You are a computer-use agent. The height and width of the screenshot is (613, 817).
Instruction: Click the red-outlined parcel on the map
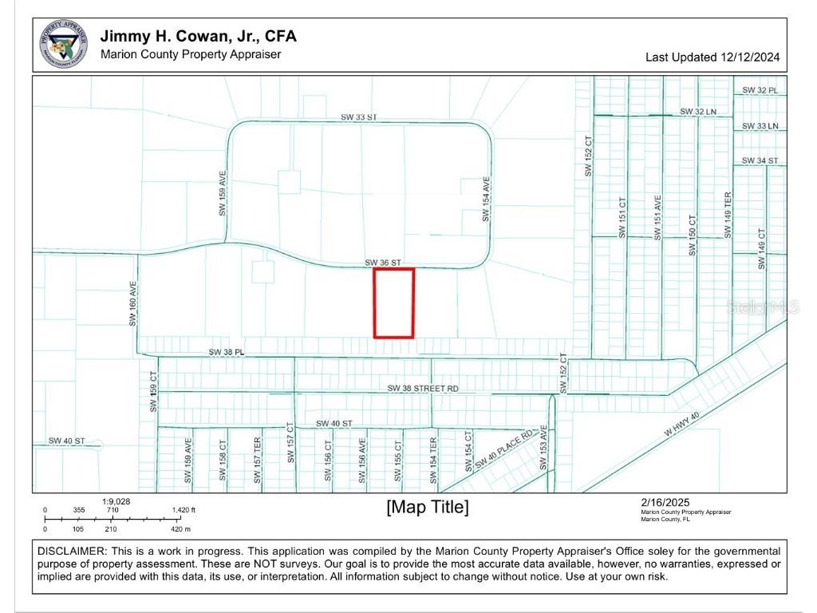[394, 303]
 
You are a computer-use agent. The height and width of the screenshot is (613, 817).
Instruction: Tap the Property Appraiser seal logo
[64, 45]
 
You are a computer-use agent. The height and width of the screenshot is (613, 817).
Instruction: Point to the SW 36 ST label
[383, 262]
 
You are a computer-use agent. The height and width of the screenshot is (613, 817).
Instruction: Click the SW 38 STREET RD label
[423, 388]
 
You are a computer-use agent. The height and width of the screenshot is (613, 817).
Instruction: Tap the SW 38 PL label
[226, 351]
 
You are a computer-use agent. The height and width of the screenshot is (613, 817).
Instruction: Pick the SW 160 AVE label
[134, 303]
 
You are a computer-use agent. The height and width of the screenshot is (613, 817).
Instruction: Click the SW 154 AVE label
[485, 199]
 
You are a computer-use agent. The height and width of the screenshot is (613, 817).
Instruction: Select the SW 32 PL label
[760, 90]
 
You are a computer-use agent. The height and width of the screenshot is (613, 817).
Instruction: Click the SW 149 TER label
[728, 215]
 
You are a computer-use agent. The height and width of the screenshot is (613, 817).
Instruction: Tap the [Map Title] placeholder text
[428, 507]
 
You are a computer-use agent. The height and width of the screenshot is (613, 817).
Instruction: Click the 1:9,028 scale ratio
[116, 501]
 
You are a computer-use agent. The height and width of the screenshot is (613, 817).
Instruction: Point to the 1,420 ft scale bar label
[183, 510]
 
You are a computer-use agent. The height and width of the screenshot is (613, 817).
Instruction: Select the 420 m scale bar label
[181, 529]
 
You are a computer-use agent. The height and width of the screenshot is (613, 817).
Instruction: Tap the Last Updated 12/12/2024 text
[712, 57]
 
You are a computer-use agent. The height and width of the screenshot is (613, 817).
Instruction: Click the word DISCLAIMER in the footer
[71, 552]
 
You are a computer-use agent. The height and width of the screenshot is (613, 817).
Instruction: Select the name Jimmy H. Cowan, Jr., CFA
[198, 37]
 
